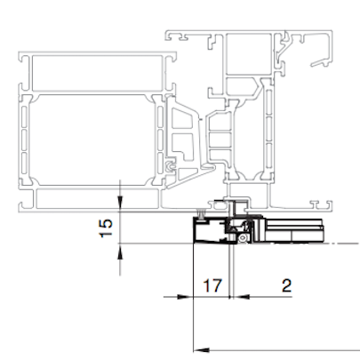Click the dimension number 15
(x=106, y=228)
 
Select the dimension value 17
(x=212, y=285)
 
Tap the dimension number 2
(x=286, y=285)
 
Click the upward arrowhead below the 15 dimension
(x=120, y=252)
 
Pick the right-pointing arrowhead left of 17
(x=183, y=297)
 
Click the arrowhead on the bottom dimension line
(x=202, y=350)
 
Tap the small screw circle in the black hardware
(x=243, y=238)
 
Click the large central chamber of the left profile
(x=92, y=140)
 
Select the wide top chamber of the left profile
(x=98, y=73)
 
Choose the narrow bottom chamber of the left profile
(x=97, y=198)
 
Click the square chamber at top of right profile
(x=249, y=53)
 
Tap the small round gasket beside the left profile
(x=170, y=167)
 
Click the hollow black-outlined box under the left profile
(x=210, y=231)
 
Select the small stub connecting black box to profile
(x=201, y=214)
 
